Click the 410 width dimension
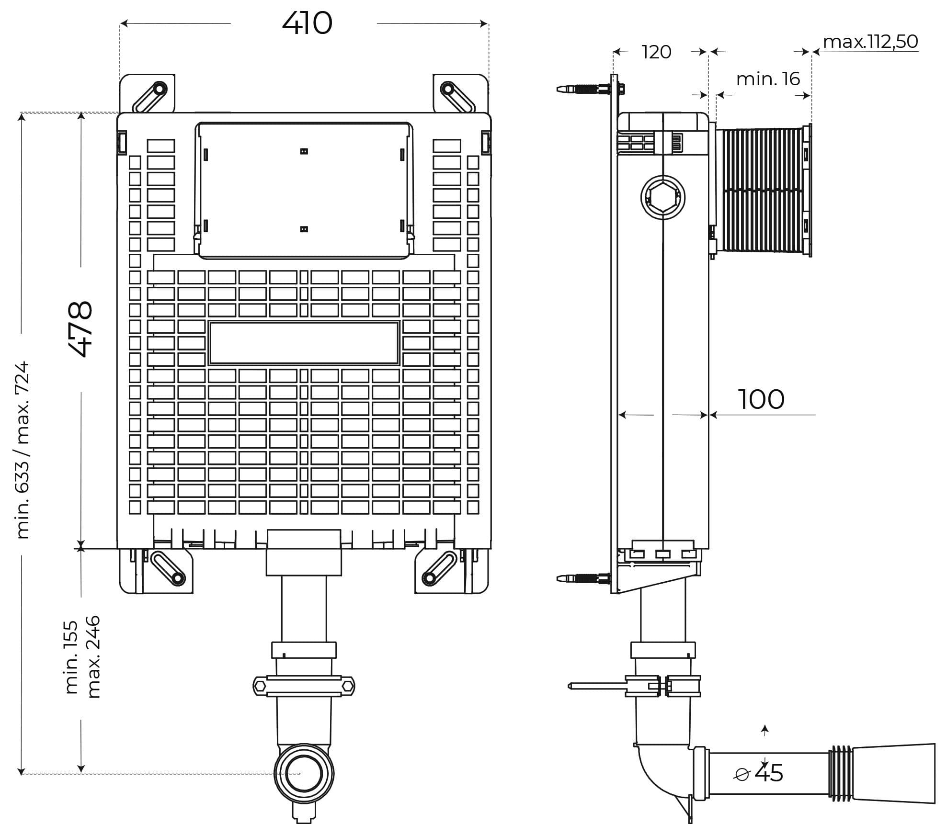[x=307, y=23]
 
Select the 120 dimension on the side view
[x=656, y=52]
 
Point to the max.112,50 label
[x=870, y=42]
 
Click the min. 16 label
[x=768, y=79]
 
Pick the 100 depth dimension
[x=761, y=399]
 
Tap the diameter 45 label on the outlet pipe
[x=759, y=773]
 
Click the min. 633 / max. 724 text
[x=22, y=450]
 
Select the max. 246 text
[x=92, y=656]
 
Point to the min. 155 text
[x=71, y=657]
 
